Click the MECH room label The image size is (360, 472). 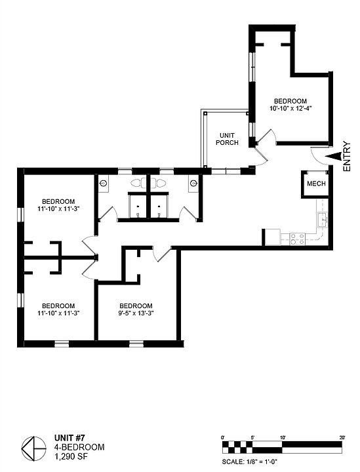316,184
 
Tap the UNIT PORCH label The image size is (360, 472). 228,139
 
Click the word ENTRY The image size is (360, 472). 347,157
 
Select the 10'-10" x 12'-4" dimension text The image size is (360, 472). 290,108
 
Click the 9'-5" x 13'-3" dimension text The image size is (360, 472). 136,313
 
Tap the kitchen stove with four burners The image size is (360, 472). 297,239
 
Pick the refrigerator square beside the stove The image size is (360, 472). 272,237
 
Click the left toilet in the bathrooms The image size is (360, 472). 139,183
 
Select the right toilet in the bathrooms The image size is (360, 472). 158,183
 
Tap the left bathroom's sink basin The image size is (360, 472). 103,183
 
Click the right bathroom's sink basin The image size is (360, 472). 193,183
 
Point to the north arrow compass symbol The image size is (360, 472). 33,448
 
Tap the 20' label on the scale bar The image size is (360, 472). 342,437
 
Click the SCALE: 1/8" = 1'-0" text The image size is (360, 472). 249,462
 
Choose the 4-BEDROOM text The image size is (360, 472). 79,447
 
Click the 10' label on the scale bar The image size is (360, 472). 283,437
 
